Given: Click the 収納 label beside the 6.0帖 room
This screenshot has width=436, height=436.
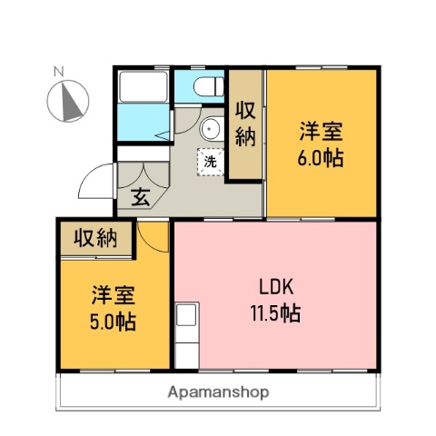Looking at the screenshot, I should pyautogui.click(x=245, y=124).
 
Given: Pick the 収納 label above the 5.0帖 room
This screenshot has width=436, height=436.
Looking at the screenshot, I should pyautogui.click(x=96, y=238).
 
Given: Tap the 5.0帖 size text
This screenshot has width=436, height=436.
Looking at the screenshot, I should pyautogui.click(x=113, y=322).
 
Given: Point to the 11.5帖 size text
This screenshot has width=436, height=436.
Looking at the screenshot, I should pyautogui.click(x=276, y=314).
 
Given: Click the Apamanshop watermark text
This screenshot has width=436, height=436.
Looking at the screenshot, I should pyautogui.click(x=218, y=392).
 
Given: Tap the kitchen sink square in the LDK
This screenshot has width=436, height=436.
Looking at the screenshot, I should pyautogui.click(x=185, y=315).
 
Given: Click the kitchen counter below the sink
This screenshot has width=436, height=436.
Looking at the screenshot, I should pyautogui.click(x=185, y=346).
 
